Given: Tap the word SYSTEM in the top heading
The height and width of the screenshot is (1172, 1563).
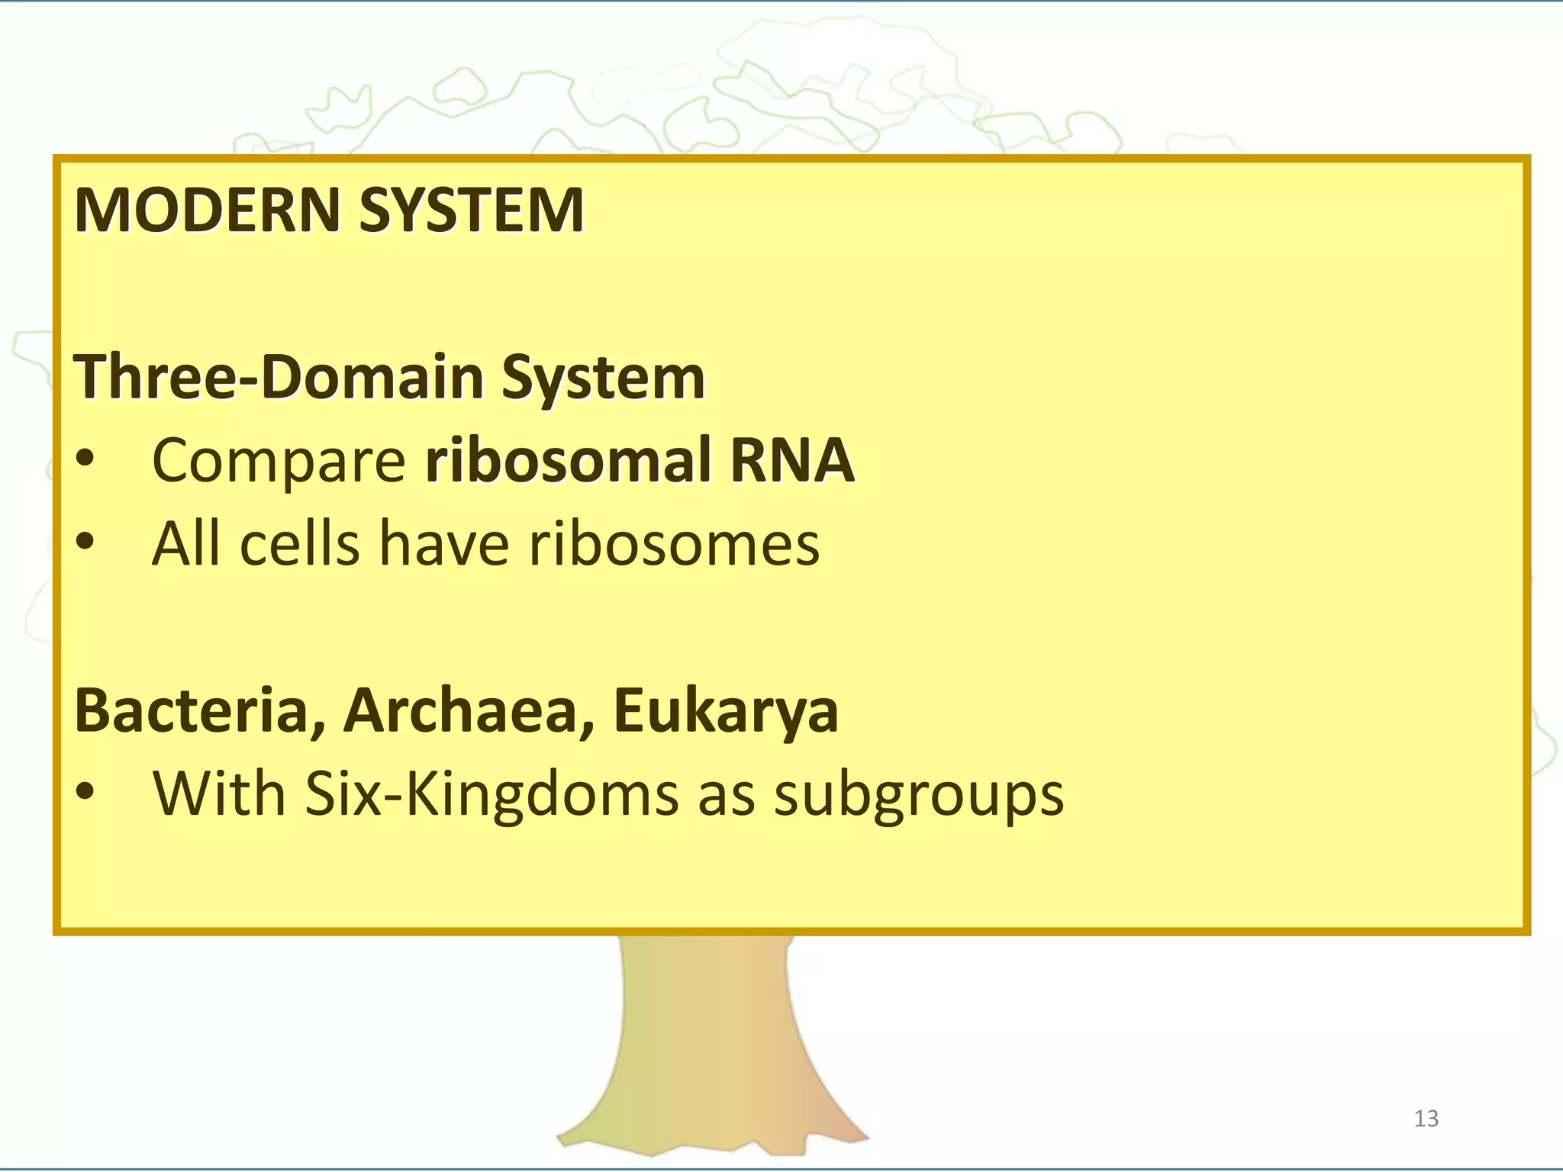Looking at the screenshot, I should coord(471,210).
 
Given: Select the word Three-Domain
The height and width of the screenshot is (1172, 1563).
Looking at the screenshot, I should coord(279,377).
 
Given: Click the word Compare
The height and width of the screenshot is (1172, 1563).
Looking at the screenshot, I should coord(279,460).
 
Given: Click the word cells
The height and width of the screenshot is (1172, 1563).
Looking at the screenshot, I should coord(299,544).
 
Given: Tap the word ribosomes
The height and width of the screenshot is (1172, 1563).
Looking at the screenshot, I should coord(674,544).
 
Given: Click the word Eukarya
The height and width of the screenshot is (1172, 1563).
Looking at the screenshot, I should coord(725,710).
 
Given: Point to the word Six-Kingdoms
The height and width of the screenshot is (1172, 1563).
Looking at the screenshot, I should coord(491,794).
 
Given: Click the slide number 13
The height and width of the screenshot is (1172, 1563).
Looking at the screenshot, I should coord(1426,1119).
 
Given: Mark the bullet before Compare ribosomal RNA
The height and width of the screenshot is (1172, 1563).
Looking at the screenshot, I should coord(85,459).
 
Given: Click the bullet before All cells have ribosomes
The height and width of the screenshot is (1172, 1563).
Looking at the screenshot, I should coord(85,543).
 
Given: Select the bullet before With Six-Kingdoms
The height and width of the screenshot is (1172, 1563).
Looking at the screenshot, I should coord(85,793).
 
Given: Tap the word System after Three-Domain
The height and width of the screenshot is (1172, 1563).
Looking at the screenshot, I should coord(603,378).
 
